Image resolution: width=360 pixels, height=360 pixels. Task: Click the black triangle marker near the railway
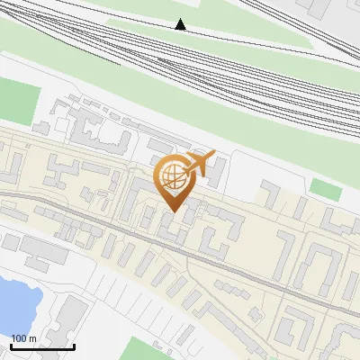pyautogui.click(x=181, y=24)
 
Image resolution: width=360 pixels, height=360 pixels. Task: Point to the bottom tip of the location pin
pyautogui.click(x=171, y=211)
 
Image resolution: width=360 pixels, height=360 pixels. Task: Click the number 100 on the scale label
pyautogui.click(x=20, y=338)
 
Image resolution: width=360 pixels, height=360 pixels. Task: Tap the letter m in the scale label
pyautogui.click(x=32, y=338)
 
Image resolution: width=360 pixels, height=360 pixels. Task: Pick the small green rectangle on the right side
pyautogui.click(x=326, y=189)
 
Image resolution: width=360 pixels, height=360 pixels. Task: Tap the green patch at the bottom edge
pyautogui.click(x=144, y=351)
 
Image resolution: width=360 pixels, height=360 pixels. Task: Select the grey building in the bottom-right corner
pyautogui.click(x=346, y=342)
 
